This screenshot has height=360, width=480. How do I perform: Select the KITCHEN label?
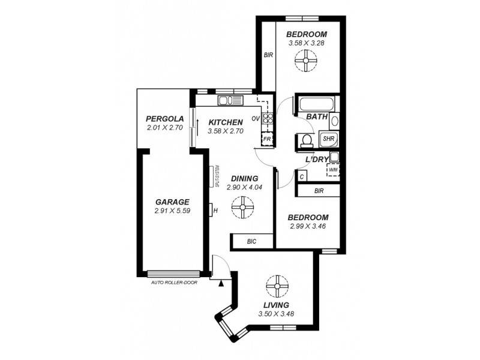point(226,122)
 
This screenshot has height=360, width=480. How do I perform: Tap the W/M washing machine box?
point(332,170)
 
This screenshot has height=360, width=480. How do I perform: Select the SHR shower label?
point(328,139)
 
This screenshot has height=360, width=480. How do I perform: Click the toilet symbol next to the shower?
point(307,140)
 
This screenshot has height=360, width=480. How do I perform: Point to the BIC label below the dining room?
point(252,241)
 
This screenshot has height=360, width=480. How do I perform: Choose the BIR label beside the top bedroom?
point(268,55)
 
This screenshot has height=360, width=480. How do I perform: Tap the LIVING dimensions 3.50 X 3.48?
point(276,313)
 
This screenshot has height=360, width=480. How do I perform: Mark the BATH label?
point(317,117)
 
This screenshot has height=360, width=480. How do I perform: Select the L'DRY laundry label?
point(316,159)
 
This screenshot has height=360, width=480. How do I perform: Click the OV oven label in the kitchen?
point(256,118)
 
